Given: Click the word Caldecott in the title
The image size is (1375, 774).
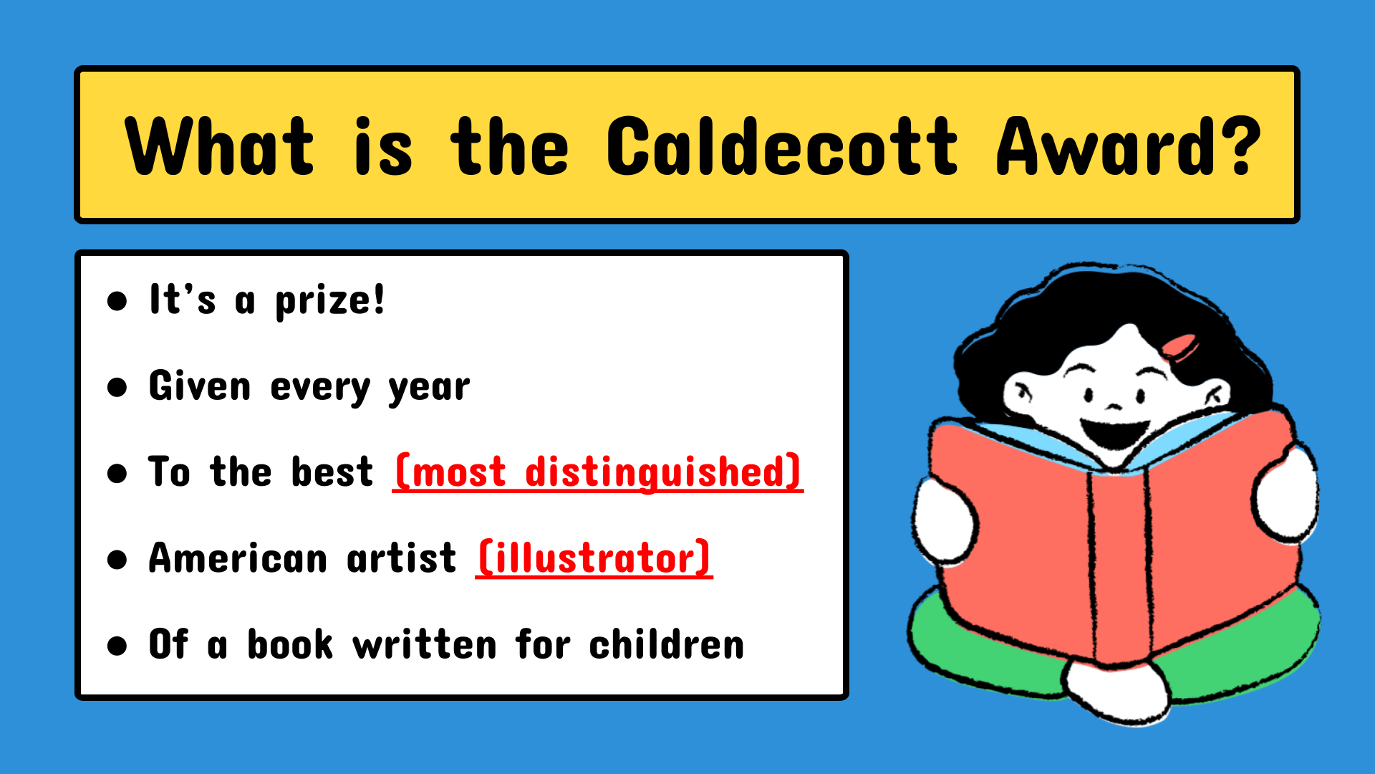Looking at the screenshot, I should click(x=782, y=146).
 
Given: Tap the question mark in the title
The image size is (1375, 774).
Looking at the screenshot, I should click(x=1235, y=146).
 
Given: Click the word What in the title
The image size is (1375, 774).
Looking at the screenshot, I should click(x=219, y=146).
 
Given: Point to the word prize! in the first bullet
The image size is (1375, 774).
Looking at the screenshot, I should click(x=330, y=301).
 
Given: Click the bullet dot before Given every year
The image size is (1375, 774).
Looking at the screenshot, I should click(x=117, y=388).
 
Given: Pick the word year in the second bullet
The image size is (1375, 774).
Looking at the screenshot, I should click(x=429, y=388).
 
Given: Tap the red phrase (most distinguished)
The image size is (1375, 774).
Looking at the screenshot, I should click(x=597, y=472).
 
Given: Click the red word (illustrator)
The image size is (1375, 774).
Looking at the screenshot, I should click(x=594, y=558).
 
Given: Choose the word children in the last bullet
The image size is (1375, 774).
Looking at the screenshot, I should click(x=666, y=644).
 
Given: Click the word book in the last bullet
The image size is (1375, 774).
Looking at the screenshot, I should click(x=290, y=644).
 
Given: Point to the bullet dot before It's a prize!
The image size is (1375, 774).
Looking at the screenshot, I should click(x=117, y=301).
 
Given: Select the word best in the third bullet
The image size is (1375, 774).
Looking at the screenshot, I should click(x=332, y=472).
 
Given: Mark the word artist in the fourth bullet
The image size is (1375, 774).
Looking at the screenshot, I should click(x=401, y=558).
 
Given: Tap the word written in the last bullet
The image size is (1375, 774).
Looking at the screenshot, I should click(x=424, y=644).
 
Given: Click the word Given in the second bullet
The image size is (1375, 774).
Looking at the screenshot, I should click(x=200, y=386).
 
